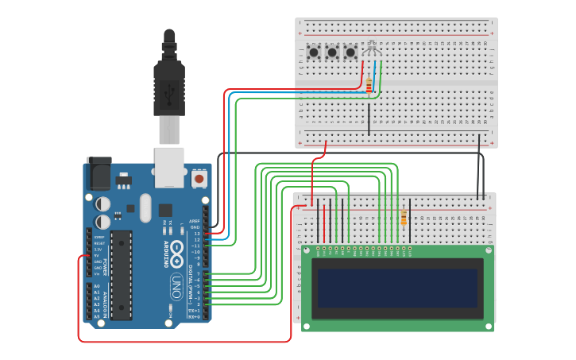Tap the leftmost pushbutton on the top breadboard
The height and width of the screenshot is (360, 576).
(314, 53)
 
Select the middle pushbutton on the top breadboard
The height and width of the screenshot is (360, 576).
(332, 53)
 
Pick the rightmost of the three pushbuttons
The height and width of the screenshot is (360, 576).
(350, 53)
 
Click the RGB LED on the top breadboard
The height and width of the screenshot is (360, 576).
(371, 48)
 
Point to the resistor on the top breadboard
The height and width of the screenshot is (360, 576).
(369, 85)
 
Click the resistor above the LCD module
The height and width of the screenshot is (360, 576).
(404, 217)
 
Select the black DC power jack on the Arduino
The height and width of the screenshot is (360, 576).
(99, 172)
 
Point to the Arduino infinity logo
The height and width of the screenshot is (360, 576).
(176, 258)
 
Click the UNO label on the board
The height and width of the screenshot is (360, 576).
(176, 284)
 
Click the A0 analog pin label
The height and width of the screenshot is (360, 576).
(97, 286)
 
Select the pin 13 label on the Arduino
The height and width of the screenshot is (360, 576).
(196, 234)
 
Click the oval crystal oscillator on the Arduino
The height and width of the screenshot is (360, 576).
(145, 208)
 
